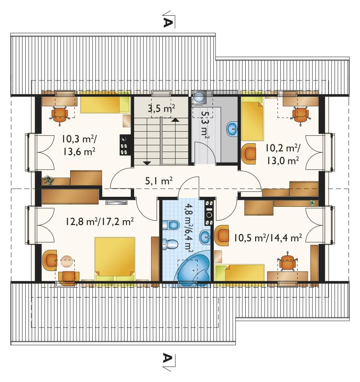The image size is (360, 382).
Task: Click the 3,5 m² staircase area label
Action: point(161,108)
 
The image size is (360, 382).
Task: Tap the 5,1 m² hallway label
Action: point(159,181)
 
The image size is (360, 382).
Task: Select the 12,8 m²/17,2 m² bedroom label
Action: point(99,222)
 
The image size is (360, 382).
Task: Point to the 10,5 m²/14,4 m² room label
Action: point(268,237)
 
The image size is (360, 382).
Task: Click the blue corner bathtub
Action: point(193,269)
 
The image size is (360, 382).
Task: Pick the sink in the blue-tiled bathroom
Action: point(205,237)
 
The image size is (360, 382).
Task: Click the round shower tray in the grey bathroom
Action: point(199,97)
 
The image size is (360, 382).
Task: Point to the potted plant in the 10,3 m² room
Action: point(49,180)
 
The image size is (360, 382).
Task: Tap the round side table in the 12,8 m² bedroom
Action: point(67,262)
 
